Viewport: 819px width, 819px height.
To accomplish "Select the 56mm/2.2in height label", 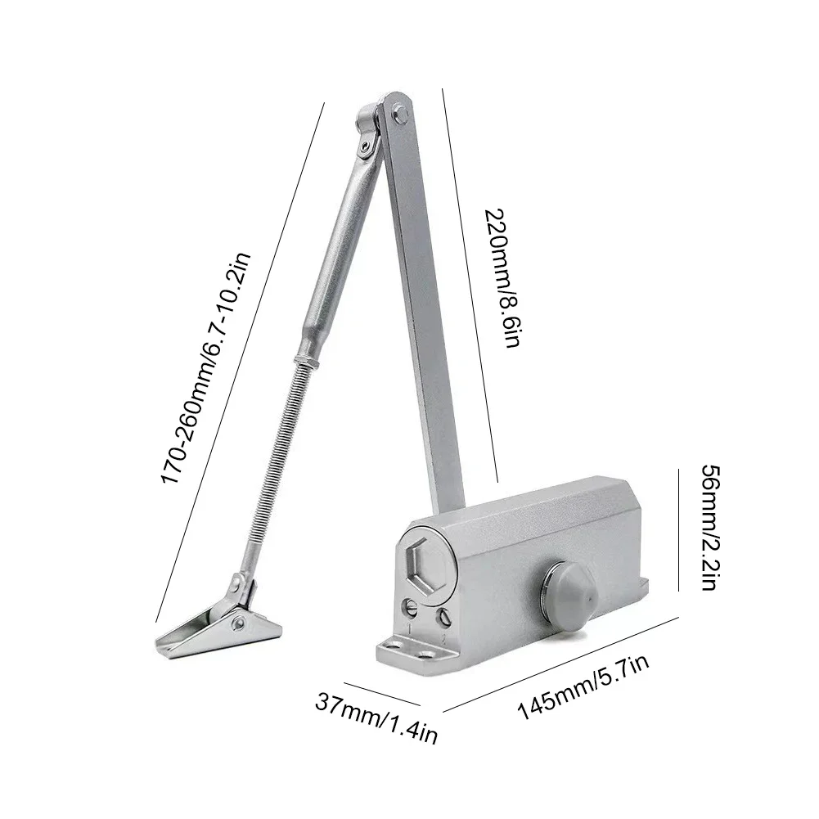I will (709, 528).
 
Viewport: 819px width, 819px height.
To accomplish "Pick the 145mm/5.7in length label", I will (583, 679).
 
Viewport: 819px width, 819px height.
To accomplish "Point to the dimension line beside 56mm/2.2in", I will (678, 528).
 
